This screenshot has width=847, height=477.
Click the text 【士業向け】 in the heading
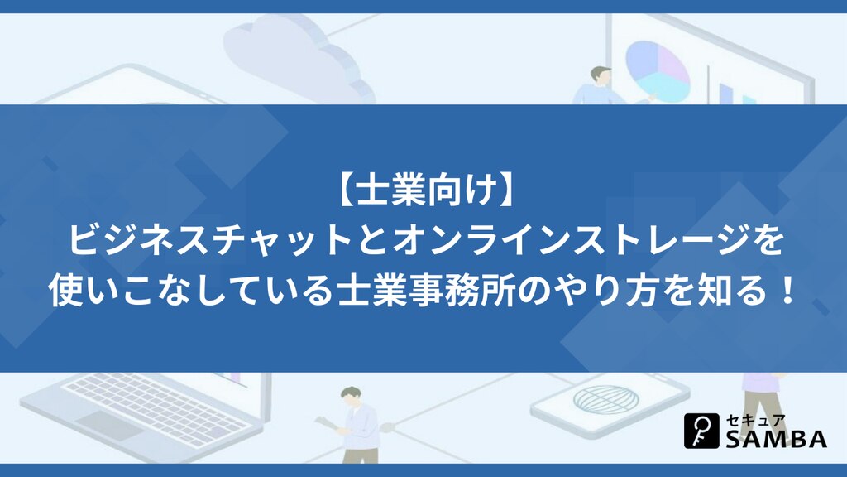(423, 192)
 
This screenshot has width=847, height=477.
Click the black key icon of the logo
(701, 431)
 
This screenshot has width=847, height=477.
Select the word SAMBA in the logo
(776, 439)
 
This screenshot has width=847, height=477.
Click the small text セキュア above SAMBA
(755, 420)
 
